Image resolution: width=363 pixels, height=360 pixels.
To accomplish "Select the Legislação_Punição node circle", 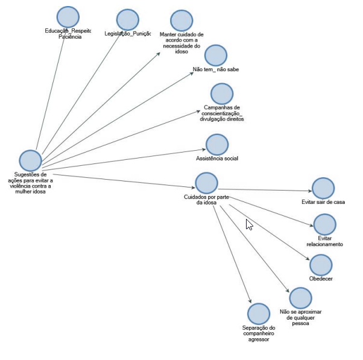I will [x=127, y=20].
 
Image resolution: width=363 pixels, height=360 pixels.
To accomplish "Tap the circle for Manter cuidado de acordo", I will [x=181, y=21].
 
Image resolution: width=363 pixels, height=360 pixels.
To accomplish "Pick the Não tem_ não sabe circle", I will [x=215, y=55].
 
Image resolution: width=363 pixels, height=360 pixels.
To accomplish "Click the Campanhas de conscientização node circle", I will [x=222, y=93].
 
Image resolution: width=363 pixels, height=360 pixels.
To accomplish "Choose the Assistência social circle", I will [x=217, y=145].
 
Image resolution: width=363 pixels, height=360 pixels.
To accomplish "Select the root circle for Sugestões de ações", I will [x=30, y=160].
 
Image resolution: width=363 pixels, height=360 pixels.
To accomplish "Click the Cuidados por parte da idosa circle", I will [x=206, y=183].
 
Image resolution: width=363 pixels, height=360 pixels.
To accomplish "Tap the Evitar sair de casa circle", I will [x=323, y=189].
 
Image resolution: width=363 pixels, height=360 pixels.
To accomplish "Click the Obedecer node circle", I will [x=321, y=265].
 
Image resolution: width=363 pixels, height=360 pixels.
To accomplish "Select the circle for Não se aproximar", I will [x=300, y=298].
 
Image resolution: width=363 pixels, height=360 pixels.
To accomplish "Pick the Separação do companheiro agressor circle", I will [x=259, y=314].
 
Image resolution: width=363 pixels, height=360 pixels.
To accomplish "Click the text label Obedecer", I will [x=321, y=279].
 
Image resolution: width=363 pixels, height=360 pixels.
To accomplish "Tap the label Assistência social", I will [x=218, y=159].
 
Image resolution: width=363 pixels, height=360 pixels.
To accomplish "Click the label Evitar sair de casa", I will [x=323, y=203].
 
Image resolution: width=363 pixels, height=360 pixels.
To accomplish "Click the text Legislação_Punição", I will [x=127, y=34].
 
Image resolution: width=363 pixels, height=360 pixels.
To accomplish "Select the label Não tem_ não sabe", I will [x=216, y=69].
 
